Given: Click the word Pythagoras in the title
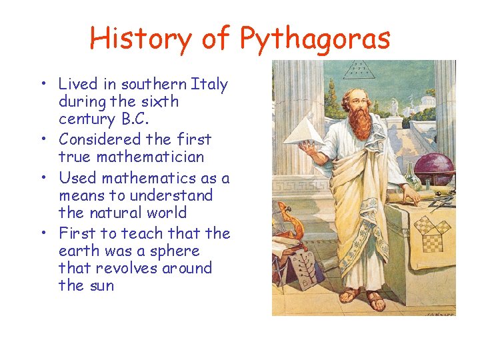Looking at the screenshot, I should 315,39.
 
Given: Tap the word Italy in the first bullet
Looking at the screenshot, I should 209,85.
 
